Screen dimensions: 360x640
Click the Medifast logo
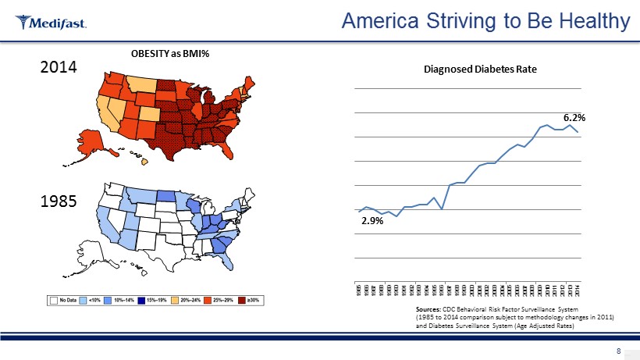(x=51, y=22)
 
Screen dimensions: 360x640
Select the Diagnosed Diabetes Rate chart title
(x=480, y=69)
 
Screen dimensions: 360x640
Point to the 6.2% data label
(x=574, y=117)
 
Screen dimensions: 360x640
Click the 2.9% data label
(x=372, y=221)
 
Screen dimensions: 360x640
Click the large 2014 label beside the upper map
(x=58, y=68)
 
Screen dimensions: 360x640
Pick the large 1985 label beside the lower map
(x=58, y=201)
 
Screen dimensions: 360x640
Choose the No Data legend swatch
(x=55, y=299)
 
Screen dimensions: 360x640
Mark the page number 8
(x=619, y=351)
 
